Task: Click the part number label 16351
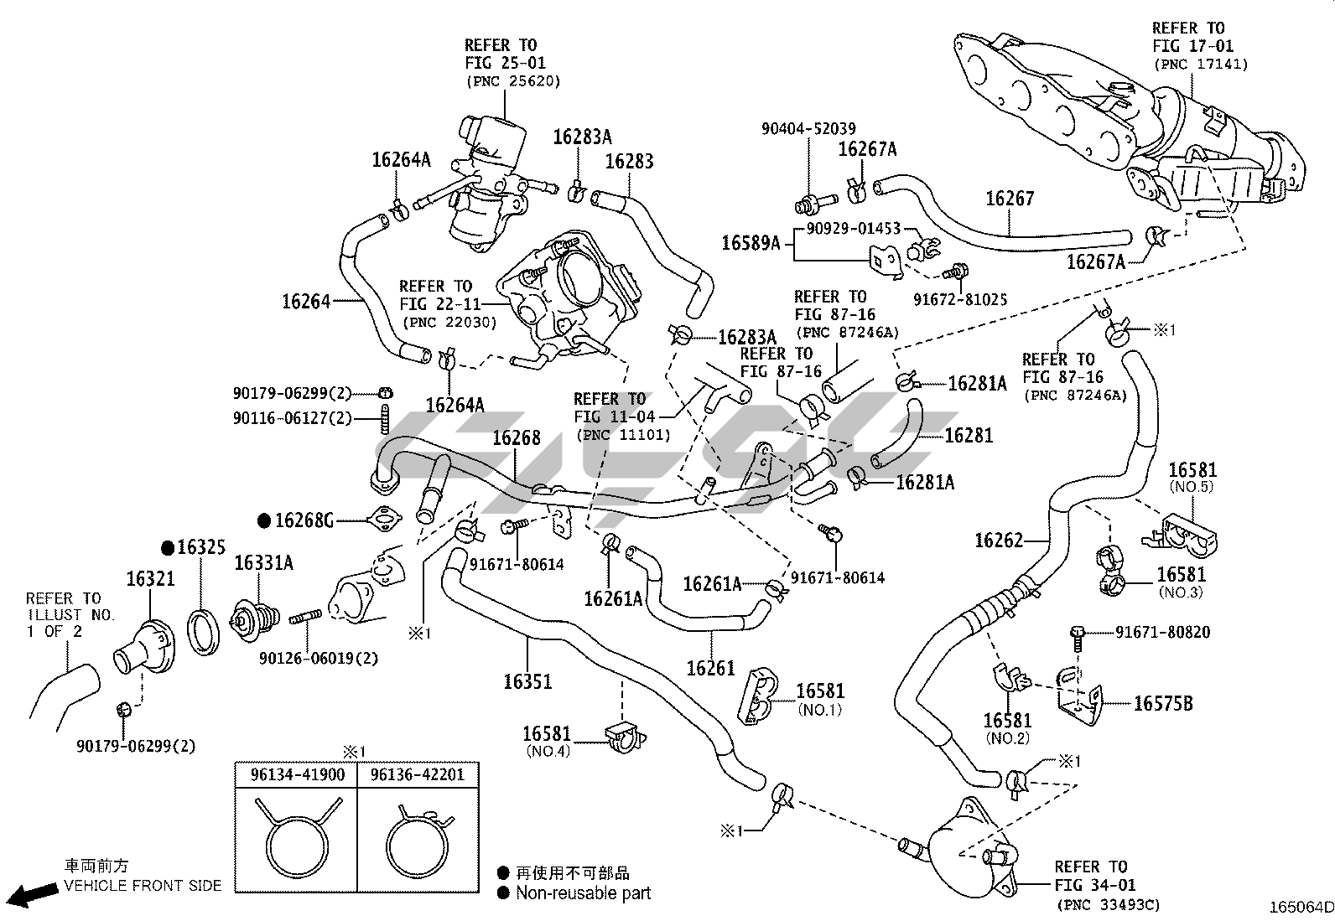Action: [527, 680]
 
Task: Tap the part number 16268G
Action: [304, 521]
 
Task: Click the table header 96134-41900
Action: [297, 775]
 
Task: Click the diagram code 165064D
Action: [1300, 907]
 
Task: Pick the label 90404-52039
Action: [808, 129]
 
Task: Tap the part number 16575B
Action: [1163, 704]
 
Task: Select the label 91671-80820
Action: [1162, 633]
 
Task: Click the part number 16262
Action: [999, 541]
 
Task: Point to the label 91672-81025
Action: [960, 299]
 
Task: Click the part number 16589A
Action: [751, 243]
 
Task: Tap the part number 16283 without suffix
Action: [629, 161]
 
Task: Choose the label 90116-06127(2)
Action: [292, 418]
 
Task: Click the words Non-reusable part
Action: [583, 893]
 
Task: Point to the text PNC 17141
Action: [1201, 64]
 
